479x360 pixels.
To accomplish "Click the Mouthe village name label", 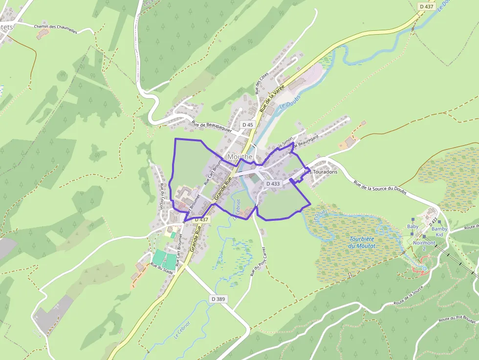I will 240,157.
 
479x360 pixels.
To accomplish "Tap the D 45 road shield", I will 248,125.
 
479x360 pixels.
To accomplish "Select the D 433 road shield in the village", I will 273,184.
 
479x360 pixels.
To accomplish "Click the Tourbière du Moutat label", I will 362,242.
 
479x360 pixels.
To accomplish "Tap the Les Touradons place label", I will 321,172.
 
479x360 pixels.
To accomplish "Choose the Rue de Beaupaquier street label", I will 211,127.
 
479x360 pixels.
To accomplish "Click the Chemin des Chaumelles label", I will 56,29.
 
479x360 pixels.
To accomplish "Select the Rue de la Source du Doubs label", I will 379,189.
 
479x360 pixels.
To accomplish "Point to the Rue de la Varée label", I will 272,98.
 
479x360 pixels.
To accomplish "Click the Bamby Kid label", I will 439,232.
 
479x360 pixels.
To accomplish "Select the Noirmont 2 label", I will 424,246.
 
